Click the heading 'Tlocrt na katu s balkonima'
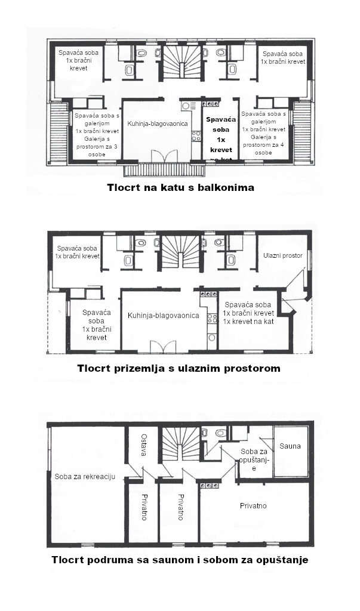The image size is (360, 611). click(x=180, y=187)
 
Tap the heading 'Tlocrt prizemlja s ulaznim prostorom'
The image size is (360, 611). click(x=179, y=368)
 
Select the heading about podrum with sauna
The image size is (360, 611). click(x=180, y=560)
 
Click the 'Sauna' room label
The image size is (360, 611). click(x=290, y=446)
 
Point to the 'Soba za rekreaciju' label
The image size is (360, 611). click(x=85, y=476)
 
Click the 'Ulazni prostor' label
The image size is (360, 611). click(x=283, y=255)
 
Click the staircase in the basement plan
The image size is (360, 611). click(x=182, y=443)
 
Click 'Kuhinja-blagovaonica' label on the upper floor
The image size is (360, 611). click(x=158, y=124)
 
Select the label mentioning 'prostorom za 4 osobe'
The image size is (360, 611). click(x=263, y=132)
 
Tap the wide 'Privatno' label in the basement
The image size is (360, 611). click(x=253, y=506)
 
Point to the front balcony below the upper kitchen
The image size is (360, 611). click(x=164, y=170)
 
